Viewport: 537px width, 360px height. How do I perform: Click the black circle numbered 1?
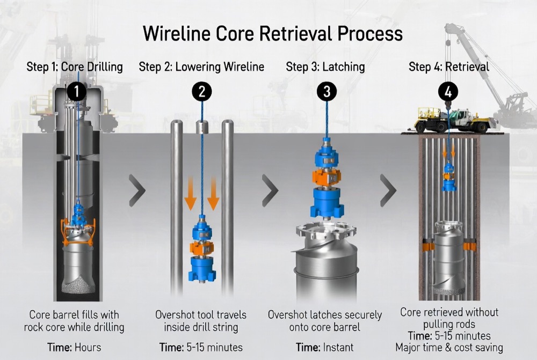coord(77,91)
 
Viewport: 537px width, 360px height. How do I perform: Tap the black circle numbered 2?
coord(201,91)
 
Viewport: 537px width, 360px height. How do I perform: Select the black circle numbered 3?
coord(326,91)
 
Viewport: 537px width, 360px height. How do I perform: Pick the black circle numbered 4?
coord(448,91)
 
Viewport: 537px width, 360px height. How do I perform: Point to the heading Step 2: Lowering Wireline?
coord(201,67)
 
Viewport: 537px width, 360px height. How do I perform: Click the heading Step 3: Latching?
coord(325,67)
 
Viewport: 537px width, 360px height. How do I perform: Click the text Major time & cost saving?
coord(449,348)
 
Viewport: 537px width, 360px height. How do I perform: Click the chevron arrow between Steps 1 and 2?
coord(137,190)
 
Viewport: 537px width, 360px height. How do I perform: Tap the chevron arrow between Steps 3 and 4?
coord(388,190)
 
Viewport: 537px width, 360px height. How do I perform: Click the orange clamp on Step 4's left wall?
coord(428,246)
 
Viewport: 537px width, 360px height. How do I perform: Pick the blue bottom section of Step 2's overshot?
coord(201,268)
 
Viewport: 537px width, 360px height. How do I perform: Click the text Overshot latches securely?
coord(325,314)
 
